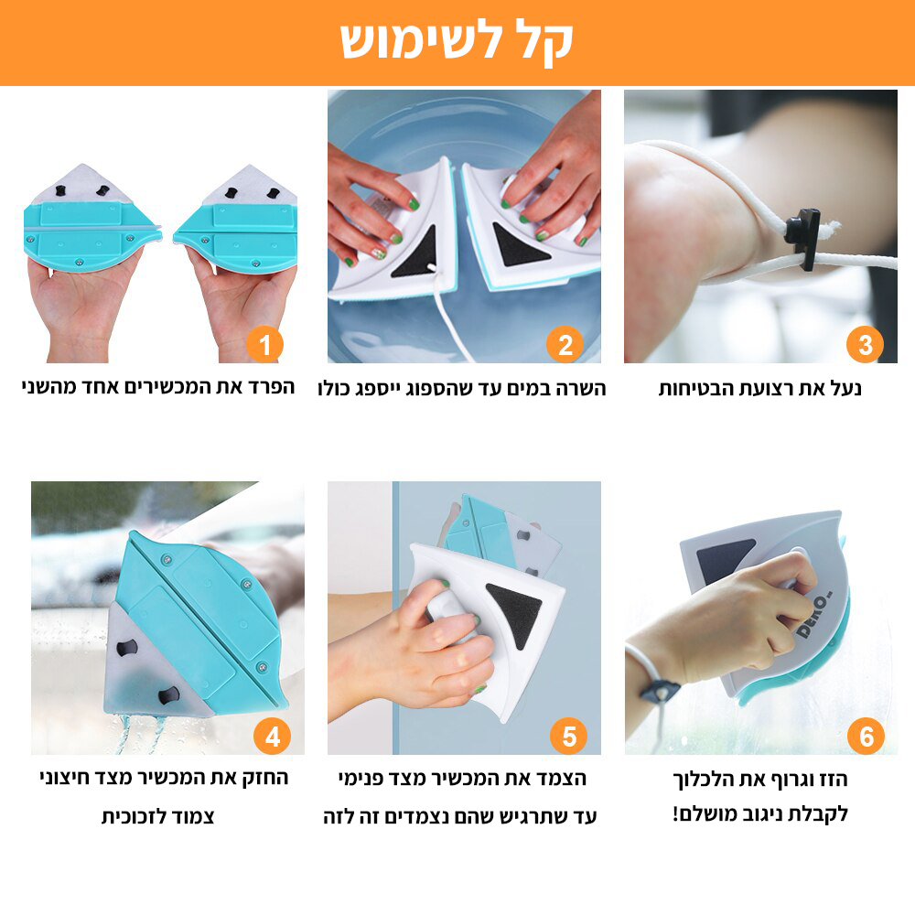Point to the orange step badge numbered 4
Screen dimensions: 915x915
tap(272, 736)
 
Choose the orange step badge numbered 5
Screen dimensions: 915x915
tap(569, 736)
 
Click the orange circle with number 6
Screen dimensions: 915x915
tap(866, 736)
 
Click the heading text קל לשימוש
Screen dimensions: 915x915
tap(457, 40)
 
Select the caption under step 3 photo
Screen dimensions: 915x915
tap(759, 389)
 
